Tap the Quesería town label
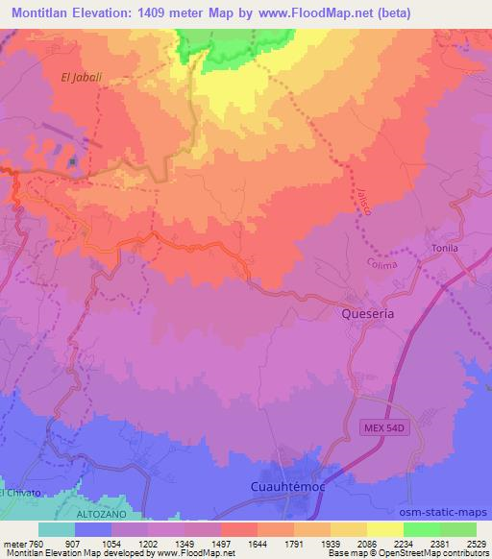[369, 313]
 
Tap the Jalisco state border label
[362, 200]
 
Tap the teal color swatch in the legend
[57, 529]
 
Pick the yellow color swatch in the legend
[384, 529]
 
